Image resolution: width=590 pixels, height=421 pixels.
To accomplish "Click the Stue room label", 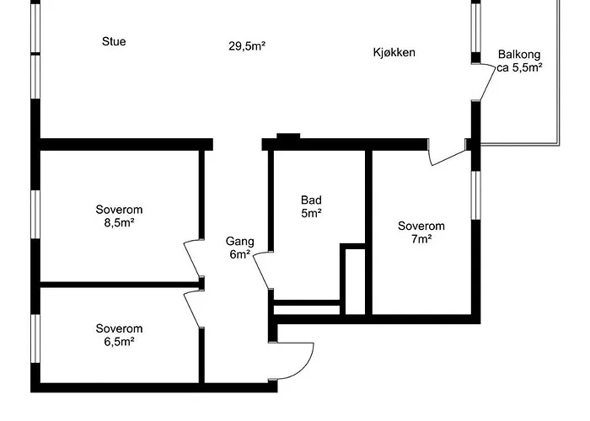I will pyautogui.click(x=114, y=41).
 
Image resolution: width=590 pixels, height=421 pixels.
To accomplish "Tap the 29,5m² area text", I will pyautogui.click(x=247, y=46).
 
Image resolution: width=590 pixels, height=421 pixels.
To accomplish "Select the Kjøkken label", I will pyautogui.click(x=394, y=52).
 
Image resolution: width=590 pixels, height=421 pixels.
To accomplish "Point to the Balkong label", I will pyautogui.click(x=519, y=53).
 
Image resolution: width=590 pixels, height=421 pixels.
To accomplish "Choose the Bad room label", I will pyautogui.click(x=311, y=200).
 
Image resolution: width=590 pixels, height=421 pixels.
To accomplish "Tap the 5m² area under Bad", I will pyautogui.click(x=311, y=214).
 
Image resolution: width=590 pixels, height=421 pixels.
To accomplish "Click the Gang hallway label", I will pyautogui.click(x=239, y=241).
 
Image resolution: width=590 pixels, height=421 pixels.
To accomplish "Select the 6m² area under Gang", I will pyautogui.click(x=239, y=253).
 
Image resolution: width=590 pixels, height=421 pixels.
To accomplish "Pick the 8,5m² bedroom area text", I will pyautogui.click(x=119, y=223).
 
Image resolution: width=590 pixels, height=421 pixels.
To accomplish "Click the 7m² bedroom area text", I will pyautogui.click(x=421, y=239).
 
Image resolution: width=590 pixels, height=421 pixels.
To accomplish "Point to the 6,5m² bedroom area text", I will pyautogui.click(x=119, y=342).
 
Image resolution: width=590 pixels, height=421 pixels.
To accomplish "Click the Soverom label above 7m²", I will pyautogui.click(x=421, y=226).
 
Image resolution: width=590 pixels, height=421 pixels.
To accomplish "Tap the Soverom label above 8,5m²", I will pyautogui.click(x=119, y=210).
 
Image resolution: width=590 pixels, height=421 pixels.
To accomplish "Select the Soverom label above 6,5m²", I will pyautogui.click(x=119, y=328).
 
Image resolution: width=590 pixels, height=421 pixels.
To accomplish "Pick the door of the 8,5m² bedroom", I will pyautogui.click(x=193, y=256).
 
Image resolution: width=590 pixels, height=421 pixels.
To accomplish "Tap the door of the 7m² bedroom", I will pyautogui.click(x=448, y=157).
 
